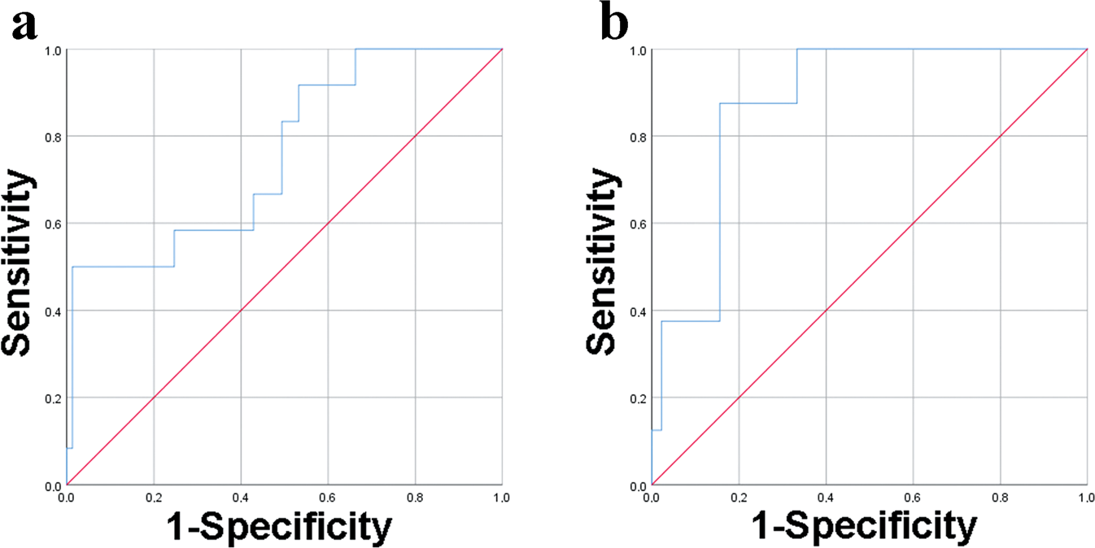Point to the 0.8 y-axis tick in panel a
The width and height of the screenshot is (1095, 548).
(55, 137)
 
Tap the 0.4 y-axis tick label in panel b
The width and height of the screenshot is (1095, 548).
(639, 311)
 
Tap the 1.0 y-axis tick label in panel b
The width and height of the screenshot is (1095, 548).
(639, 50)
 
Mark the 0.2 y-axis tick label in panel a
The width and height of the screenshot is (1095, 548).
(55, 398)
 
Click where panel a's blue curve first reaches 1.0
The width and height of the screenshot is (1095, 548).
(356, 50)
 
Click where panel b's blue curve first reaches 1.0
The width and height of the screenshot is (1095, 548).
(797, 50)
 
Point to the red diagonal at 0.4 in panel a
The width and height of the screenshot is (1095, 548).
(241, 311)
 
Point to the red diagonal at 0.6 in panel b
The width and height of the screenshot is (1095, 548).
(913, 224)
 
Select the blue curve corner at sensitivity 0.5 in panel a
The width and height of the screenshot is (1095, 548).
(73, 267)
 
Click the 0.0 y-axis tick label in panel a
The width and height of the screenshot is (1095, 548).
(55, 485)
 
